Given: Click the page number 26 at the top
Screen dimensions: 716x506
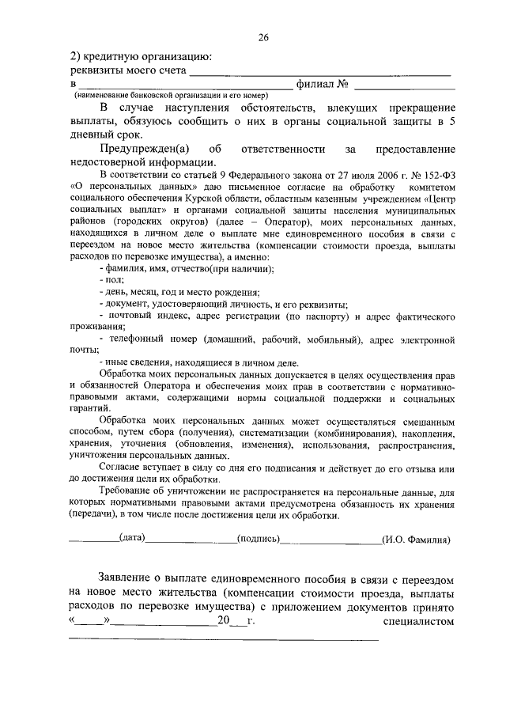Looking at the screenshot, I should (x=262, y=36).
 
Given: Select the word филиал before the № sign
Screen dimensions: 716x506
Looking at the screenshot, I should (x=315, y=83).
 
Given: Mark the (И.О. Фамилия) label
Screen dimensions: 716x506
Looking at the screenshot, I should (x=416, y=540).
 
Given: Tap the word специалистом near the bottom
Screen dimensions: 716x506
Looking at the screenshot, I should (x=419, y=623).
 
